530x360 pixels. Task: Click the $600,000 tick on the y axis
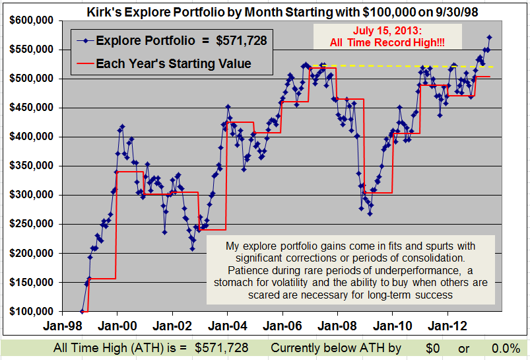pos(32,20)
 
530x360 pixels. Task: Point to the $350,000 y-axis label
pos(32,166)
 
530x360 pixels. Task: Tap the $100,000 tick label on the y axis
pos(32,311)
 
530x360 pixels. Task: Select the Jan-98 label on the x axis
pos(63,326)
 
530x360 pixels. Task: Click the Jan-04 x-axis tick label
pos(228,326)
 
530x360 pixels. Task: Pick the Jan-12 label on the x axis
pos(447,326)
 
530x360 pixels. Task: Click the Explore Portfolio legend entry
pos(172,40)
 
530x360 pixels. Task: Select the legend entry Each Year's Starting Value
pos(164,63)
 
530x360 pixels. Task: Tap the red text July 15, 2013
pos(387,31)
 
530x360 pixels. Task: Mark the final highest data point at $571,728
pos(489,37)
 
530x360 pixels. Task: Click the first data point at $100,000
pos(82,311)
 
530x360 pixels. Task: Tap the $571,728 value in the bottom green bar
pos(221,348)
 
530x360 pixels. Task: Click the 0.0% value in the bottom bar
pos(506,348)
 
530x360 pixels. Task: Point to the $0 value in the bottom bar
pos(433,348)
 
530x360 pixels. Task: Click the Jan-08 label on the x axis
pos(337,326)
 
